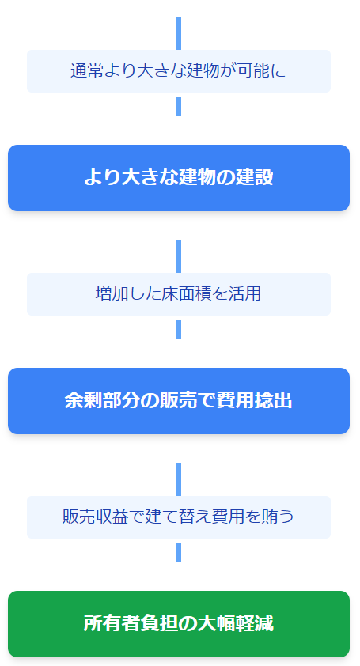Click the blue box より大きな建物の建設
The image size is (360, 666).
click(179, 178)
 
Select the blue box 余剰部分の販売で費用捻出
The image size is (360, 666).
click(179, 401)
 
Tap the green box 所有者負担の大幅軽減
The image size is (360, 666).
click(179, 624)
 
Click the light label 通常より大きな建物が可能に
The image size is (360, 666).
click(179, 71)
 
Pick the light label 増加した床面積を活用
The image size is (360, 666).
click(179, 294)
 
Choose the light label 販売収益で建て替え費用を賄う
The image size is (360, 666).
click(179, 517)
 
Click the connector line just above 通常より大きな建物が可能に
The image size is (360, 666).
click(179, 33)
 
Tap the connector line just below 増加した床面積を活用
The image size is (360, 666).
click(179, 330)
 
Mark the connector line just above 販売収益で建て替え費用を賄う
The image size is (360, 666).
click(179, 479)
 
